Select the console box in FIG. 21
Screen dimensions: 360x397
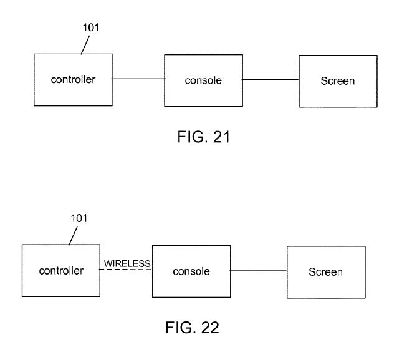click(203, 80)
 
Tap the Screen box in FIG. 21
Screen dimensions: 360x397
click(337, 80)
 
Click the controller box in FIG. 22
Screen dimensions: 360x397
click(60, 271)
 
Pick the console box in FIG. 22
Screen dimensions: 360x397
click(191, 271)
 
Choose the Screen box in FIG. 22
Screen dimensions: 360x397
click(325, 271)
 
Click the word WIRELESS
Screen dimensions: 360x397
click(127, 263)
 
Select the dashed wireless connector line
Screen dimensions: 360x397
click(127, 270)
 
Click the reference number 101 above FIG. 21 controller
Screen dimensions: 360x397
click(91, 28)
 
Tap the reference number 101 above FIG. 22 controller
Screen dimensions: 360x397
click(79, 218)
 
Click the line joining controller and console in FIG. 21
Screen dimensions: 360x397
click(138, 79)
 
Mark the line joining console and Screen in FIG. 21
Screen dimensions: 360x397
click(270, 80)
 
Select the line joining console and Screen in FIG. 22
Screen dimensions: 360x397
click(258, 271)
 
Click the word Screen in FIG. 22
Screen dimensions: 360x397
click(325, 272)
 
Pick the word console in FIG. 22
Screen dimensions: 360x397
click(191, 271)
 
